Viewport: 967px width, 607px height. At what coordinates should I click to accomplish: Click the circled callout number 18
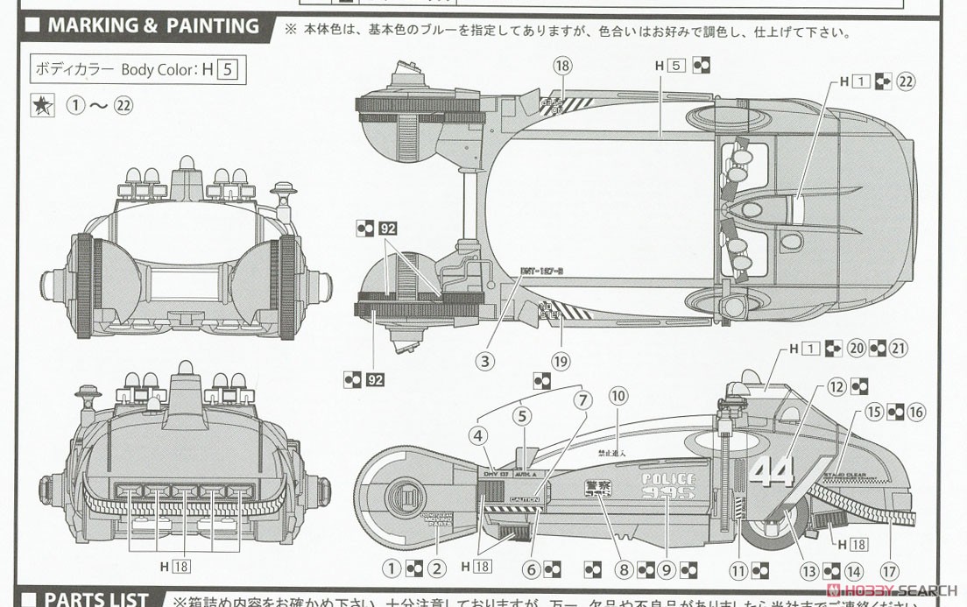click(562, 66)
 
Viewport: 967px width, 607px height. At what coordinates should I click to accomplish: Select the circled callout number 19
click(561, 361)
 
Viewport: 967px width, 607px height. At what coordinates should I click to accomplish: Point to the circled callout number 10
click(618, 395)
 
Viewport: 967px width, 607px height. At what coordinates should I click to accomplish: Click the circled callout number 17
click(890, 571)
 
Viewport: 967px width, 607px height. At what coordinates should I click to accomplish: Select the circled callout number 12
click(836, 386)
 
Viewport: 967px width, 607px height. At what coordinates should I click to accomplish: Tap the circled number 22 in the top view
click(906, 81)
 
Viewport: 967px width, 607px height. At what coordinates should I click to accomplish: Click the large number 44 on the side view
click(771, 470)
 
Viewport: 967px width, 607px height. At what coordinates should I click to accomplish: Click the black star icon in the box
click(42, 106)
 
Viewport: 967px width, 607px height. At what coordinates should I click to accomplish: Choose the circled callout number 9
click(666, 569)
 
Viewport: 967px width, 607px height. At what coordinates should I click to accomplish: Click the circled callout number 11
click(738, 569)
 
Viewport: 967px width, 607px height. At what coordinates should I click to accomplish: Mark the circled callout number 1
click(392, 569)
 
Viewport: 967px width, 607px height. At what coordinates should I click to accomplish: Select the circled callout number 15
click(873, 412)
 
